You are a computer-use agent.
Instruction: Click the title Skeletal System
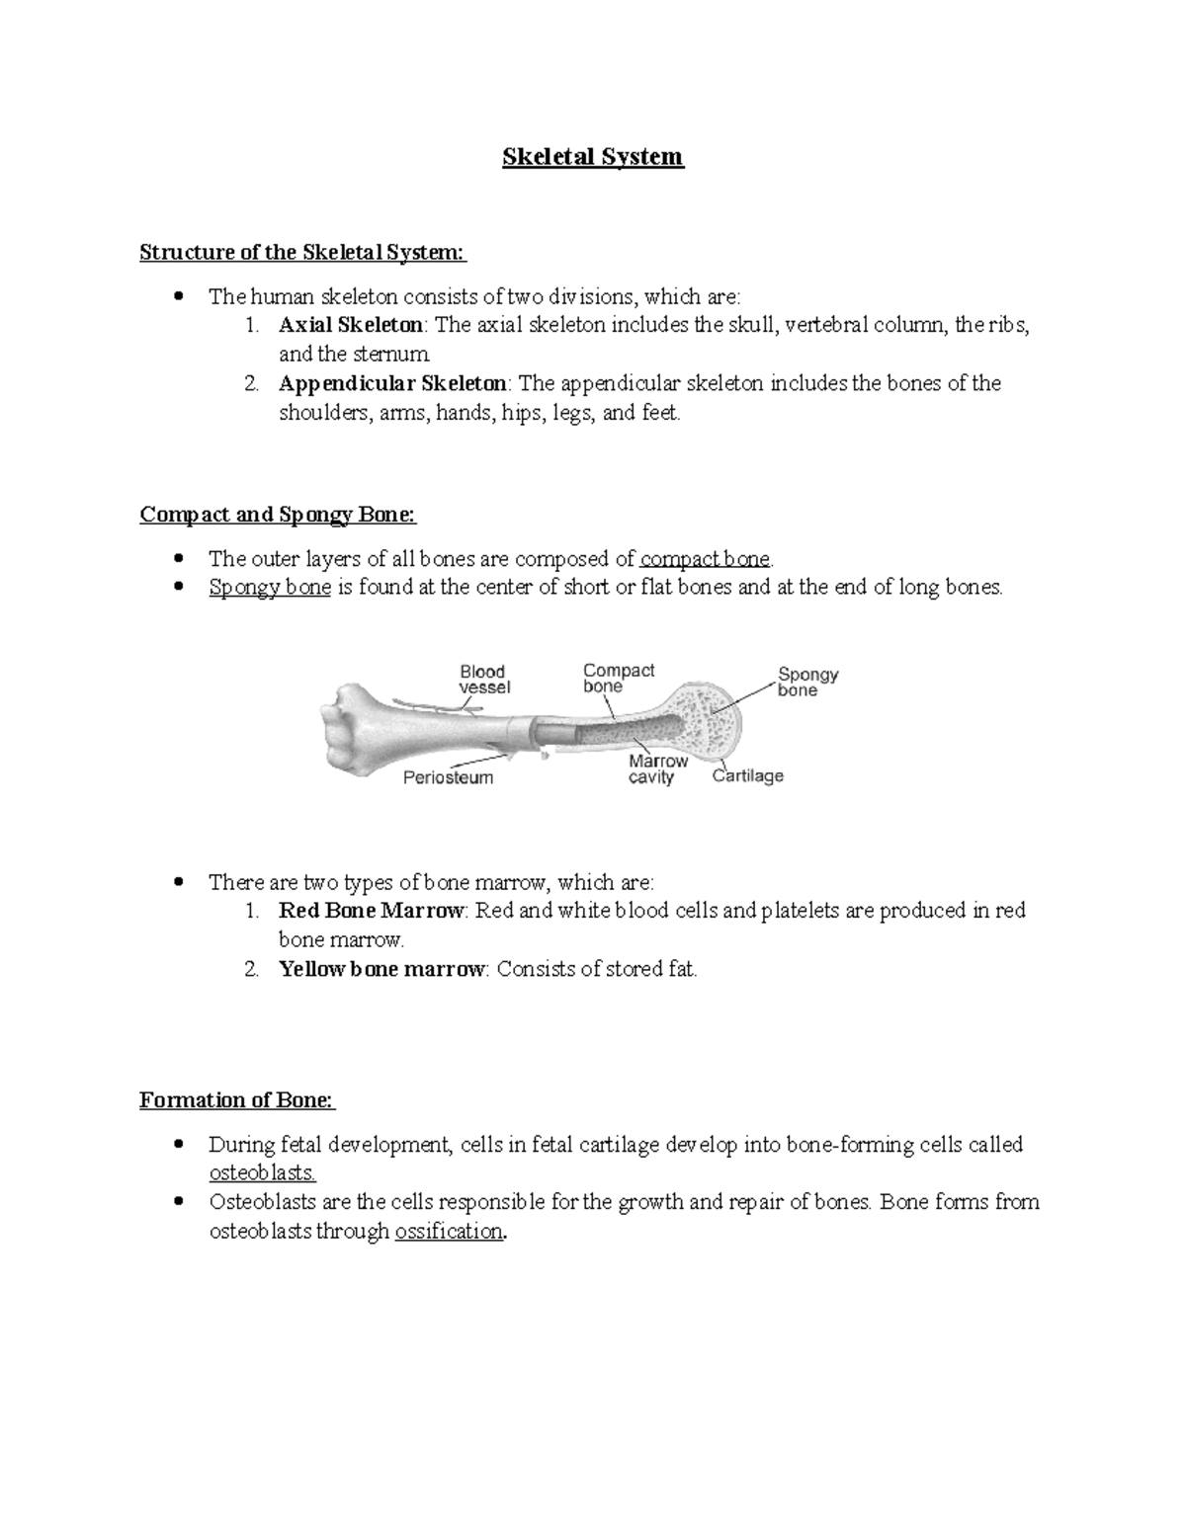[x=593, y=157]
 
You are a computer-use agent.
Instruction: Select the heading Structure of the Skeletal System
[x=302, y=253]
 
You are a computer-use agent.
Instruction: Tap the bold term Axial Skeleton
[x=351, y=325]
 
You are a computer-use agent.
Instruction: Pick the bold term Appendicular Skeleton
[x=393, y=383]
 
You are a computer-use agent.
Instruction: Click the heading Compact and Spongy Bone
[x=278, y=515]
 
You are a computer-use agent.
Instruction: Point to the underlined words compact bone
[x=706, y=559]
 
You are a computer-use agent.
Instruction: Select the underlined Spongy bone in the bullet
[x=270, y=588]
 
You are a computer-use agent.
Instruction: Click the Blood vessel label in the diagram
[x=484, y=680]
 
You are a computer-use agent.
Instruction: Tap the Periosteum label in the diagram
[x=448, y=778]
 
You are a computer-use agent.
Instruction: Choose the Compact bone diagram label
[x=619, y=679]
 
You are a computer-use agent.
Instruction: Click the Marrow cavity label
[x=657, y=769]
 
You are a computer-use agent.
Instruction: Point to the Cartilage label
[x=748, y=776]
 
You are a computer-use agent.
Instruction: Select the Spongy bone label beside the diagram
[x=807, y=683]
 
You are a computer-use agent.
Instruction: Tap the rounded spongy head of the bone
[x=712, y=716]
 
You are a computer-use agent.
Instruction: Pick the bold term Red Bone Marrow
[x=371, y=911]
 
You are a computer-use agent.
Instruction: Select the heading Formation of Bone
[x=237, y=1100]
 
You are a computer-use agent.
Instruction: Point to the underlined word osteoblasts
[x=263, y=1173]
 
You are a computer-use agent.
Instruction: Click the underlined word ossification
[x=449, y=1232]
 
